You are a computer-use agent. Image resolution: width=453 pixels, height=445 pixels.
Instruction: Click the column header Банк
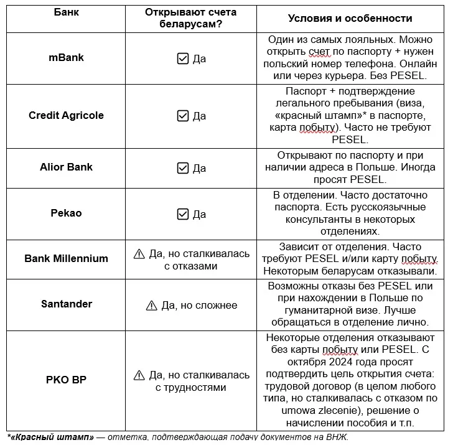(x=66, y=12)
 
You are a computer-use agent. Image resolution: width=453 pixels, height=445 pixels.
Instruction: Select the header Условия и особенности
(x=350, y=18)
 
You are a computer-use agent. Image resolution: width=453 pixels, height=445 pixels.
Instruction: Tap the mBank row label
(x=66, y=58)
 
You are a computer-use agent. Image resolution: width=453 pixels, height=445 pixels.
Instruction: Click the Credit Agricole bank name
(x=66, y=115)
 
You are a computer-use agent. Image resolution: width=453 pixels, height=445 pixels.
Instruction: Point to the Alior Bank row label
(x=66, y=167)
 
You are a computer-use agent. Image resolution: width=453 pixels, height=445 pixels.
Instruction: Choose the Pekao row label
(x=66, y=213)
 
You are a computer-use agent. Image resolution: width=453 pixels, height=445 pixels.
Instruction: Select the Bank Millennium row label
(x=66, y=258)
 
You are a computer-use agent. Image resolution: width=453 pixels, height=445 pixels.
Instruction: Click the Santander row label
(x=66, y=304)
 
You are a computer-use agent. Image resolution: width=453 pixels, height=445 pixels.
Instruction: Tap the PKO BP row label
(x=66, y=379)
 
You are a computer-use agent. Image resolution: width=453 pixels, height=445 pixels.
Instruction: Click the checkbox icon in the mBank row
(x=182, y=59)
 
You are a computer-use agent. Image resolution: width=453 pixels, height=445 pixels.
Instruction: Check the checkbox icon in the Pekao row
(x=182, y=214)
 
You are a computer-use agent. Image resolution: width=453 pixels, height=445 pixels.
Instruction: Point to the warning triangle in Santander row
(x=151, y=306)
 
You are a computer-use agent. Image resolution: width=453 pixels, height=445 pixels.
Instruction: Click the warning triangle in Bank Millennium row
(x=139, y=254)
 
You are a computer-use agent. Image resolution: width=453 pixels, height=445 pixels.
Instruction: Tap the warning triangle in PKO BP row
(x=139, y=375)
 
